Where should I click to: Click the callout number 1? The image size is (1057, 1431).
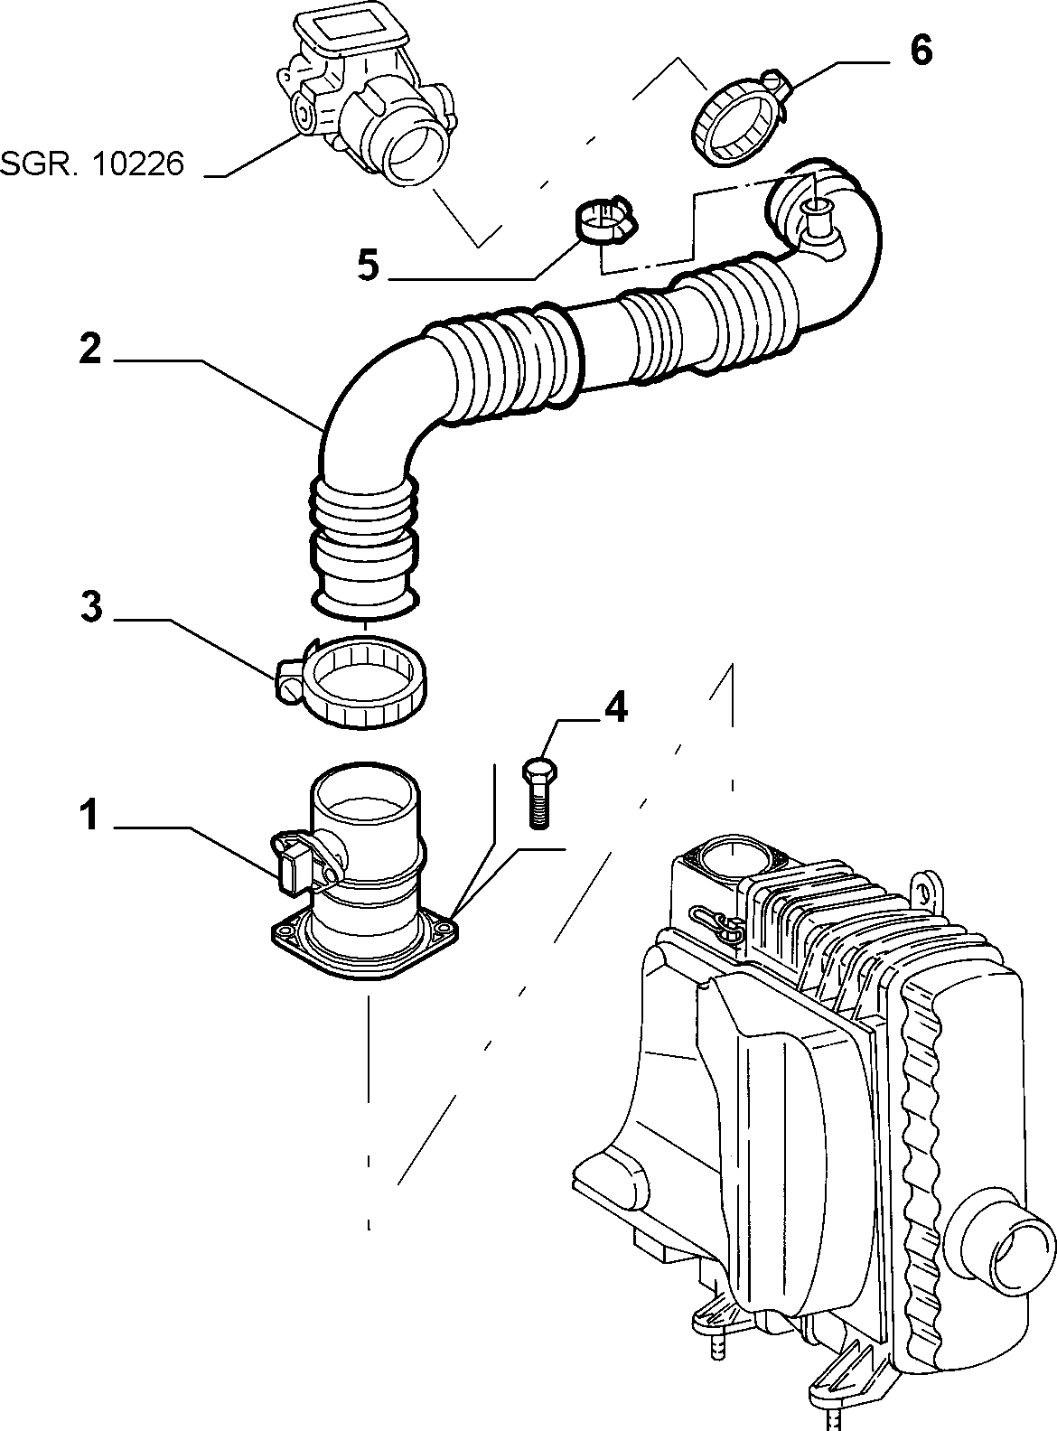89,814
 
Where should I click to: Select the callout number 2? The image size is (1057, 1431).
90,349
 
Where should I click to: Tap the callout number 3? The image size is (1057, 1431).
91,607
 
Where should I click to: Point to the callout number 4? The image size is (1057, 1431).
615,706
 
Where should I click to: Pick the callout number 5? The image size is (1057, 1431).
369,266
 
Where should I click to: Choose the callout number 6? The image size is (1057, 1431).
921,50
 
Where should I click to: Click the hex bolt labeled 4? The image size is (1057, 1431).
539,793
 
